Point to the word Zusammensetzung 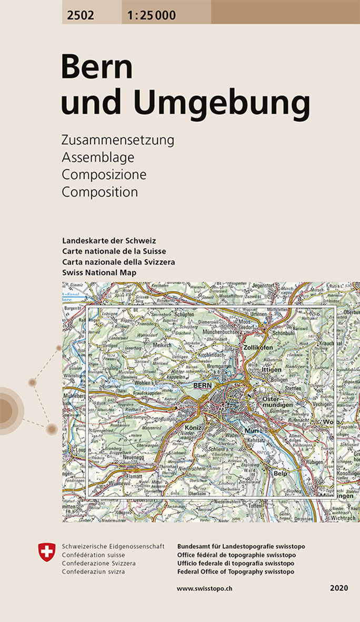(117, 141)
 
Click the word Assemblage (98, 157)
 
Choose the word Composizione (104, 174)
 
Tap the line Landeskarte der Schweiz (109, 241)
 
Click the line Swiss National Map (99, 272)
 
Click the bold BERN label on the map (202, 386)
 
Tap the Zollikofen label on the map (258, 348)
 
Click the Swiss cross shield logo (47, 552)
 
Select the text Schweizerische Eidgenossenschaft (113, 546)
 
